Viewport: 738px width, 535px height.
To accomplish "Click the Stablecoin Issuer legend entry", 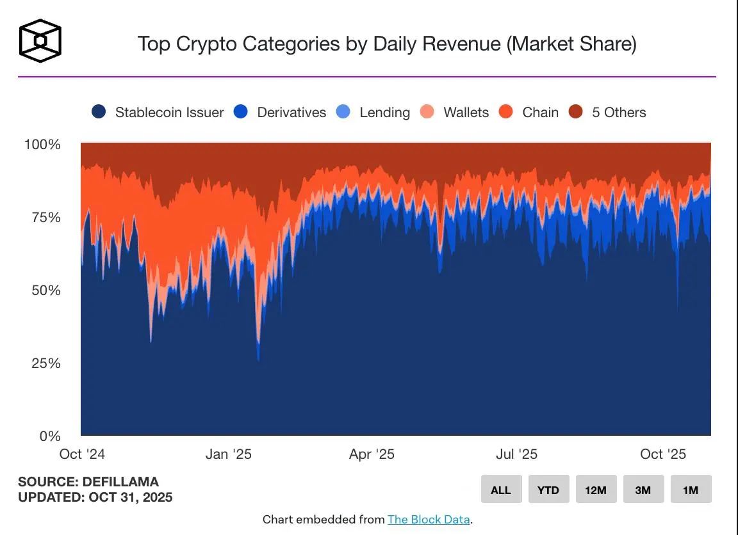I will point(158,112).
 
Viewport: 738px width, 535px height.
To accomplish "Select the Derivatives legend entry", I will point(280,112).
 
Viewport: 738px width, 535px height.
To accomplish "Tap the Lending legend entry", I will point(373,112).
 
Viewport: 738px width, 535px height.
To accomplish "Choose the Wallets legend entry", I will point(455,112).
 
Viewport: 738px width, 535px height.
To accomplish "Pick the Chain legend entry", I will point(529,112).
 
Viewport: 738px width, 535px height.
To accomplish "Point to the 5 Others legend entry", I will point(607,112).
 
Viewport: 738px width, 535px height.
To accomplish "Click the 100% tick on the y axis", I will point(42,145).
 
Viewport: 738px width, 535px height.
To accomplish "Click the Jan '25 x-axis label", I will point(229,454).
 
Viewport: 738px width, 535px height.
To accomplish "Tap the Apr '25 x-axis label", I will point(372,454).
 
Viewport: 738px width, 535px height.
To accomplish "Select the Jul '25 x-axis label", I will point(516,454).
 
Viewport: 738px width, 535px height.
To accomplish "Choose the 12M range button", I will point(596,490).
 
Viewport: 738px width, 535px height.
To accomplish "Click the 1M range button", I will point(691,490).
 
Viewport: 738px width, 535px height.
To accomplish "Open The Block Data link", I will point(429,520).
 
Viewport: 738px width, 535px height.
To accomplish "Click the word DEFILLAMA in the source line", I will point(120,482).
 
